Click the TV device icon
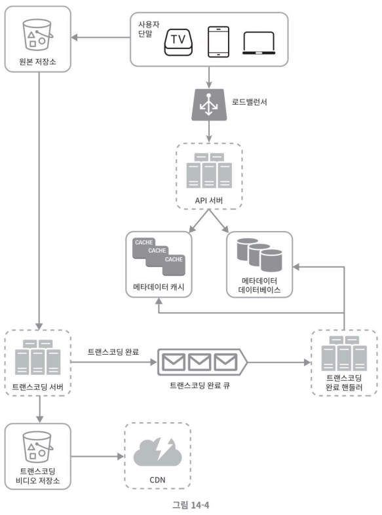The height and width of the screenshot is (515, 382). pos(178,42)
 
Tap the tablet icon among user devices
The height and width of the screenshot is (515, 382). pos(219,42)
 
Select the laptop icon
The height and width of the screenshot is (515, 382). pos(259,43)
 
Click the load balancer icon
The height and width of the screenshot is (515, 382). pos(209,105)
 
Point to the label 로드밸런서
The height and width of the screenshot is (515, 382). pos(250,102)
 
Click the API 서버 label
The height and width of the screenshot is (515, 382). pos(209,200)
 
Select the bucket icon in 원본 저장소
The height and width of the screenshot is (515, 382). pos(37,35)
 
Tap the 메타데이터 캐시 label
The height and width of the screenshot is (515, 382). pos(159,287)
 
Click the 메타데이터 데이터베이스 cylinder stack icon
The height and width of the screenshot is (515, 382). pos(259,255)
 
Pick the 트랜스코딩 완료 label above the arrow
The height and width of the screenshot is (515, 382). pos(113,352)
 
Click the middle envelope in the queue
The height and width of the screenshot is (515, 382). pos(200,363)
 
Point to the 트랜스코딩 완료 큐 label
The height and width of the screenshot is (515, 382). pos(200,385)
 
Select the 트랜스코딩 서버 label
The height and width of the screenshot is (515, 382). pos(38,387)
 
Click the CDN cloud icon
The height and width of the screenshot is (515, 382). pos(157,451)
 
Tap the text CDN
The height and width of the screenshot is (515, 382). pos(157,480)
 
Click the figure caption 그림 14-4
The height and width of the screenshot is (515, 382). pos(191,505)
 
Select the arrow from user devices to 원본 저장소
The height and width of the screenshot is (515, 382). pos(101,37)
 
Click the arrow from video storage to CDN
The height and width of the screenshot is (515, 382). pos(98,456)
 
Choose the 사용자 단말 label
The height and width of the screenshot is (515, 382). pos(148,29)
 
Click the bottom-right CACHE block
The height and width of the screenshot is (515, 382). pos(174,265)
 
